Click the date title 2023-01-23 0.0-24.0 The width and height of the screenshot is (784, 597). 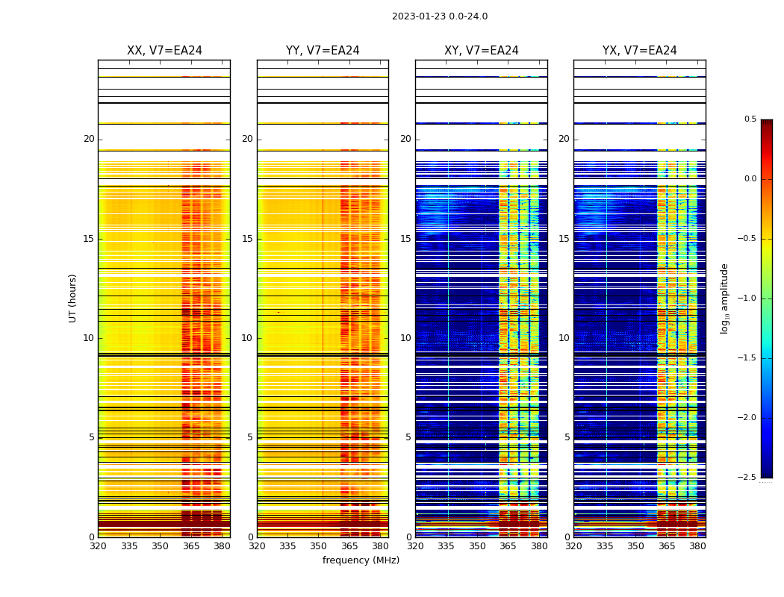pos(440,16)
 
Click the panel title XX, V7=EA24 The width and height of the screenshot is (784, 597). pos(164,51)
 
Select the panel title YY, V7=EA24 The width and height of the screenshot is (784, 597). pos(323,51)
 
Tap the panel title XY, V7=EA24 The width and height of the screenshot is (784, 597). pos(482,51)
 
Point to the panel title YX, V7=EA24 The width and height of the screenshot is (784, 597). pos(640,51)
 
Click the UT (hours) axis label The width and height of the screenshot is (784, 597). pos(73,298)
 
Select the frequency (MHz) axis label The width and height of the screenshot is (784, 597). pos(361,560)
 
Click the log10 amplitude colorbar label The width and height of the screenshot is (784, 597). pos(724,298)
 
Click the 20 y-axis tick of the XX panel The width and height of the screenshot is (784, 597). pos(89,139)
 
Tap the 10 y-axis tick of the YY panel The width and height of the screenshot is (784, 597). pos(247,338)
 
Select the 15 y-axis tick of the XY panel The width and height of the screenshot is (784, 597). pos(405,239)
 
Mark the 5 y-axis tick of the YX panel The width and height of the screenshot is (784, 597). pos(567,437)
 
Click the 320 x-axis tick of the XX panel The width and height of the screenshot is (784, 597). pos(98,546)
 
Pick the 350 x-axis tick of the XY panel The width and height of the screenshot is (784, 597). pos(477,546)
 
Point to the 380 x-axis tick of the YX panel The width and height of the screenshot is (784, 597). pos(697,546)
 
